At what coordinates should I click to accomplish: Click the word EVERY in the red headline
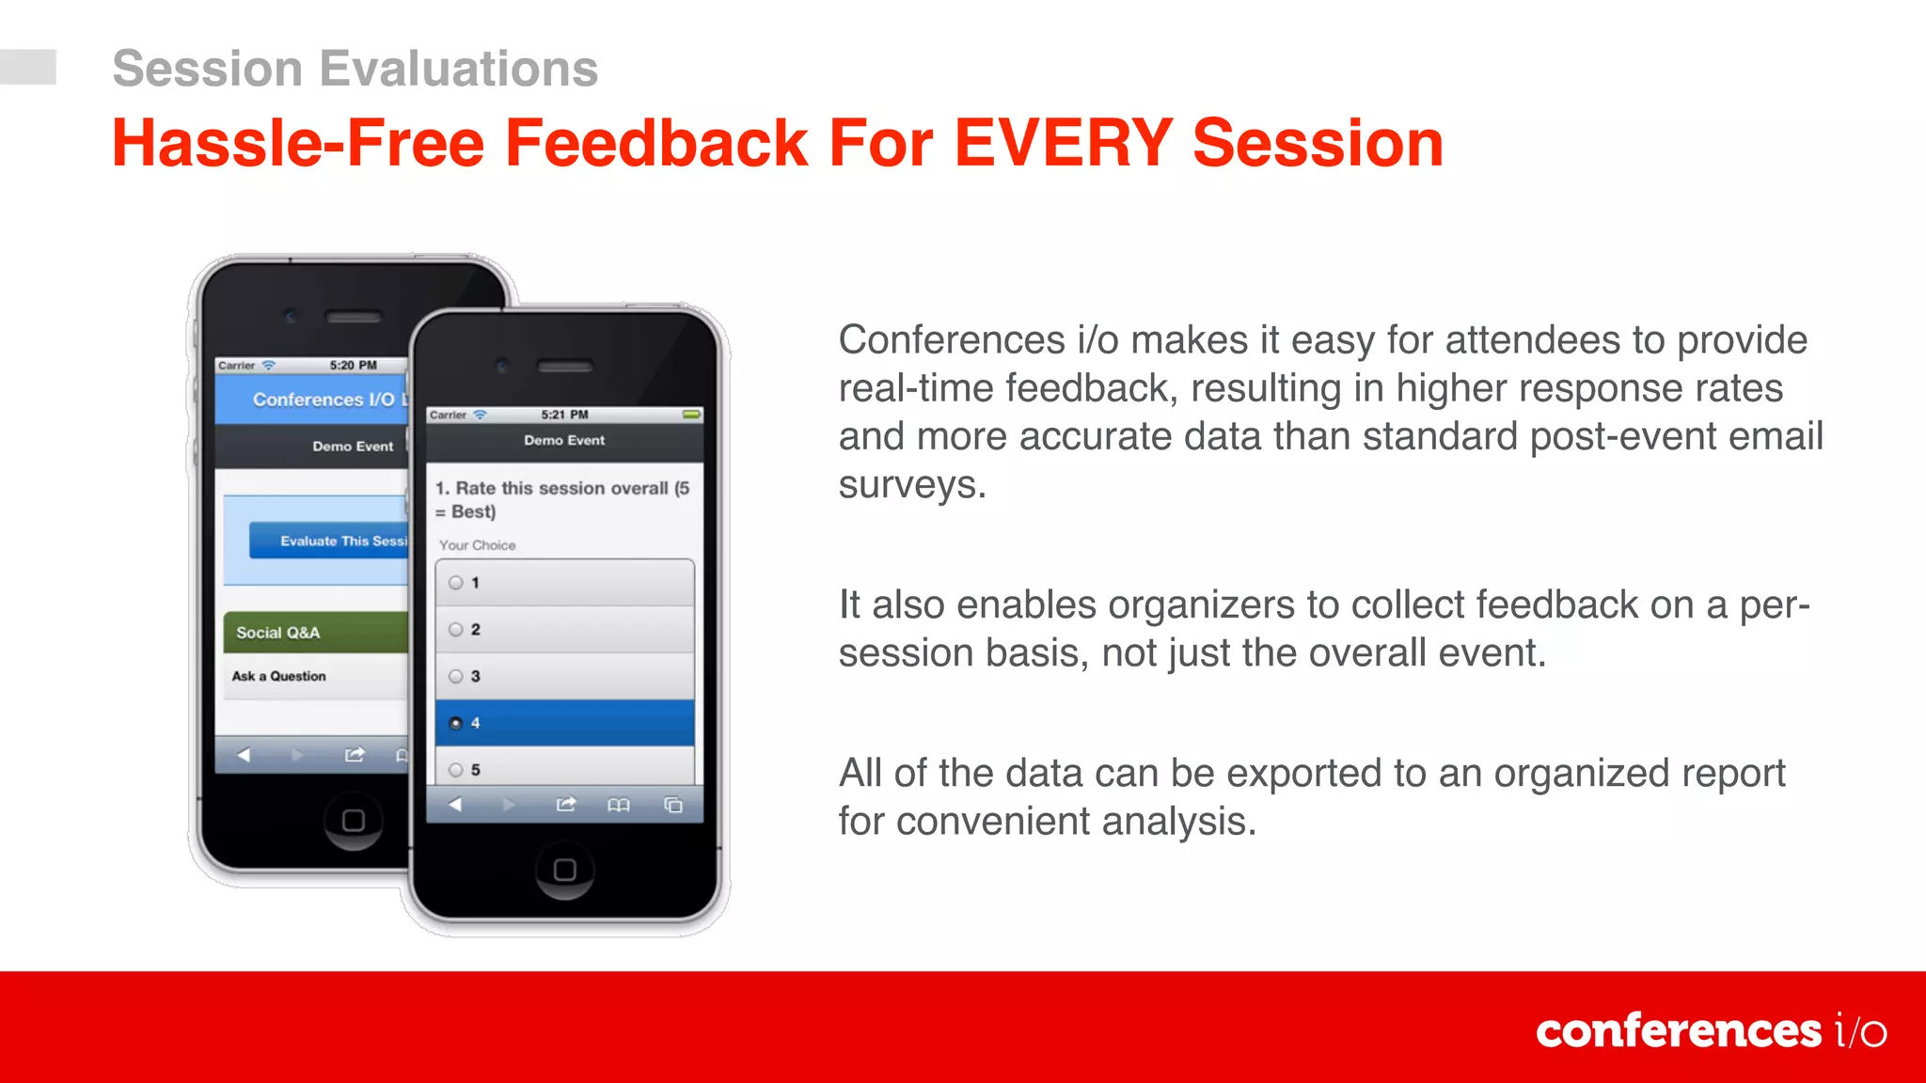[1063, 144]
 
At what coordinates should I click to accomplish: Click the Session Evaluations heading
[355, 69]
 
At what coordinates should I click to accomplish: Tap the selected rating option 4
[564, 723]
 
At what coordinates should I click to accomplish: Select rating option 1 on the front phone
[564, 583]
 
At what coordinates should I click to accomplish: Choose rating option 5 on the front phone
[564, 769]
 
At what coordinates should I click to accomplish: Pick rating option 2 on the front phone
[564, 629]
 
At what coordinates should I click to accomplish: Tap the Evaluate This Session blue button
[329, 541]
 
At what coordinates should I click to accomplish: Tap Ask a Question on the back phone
[279, 676]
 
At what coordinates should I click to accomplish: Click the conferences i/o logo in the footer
[1711, 1031]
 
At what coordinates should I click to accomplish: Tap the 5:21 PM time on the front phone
[564, 415]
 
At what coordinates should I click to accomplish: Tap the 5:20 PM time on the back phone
[353, 366]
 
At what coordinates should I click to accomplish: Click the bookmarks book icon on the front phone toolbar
[618, 805]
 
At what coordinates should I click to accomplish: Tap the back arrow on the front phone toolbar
[455, 805]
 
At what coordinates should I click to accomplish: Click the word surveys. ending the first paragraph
[911, 485]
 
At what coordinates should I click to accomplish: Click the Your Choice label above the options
[477, 545]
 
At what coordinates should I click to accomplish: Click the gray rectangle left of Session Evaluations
[28, 67]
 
